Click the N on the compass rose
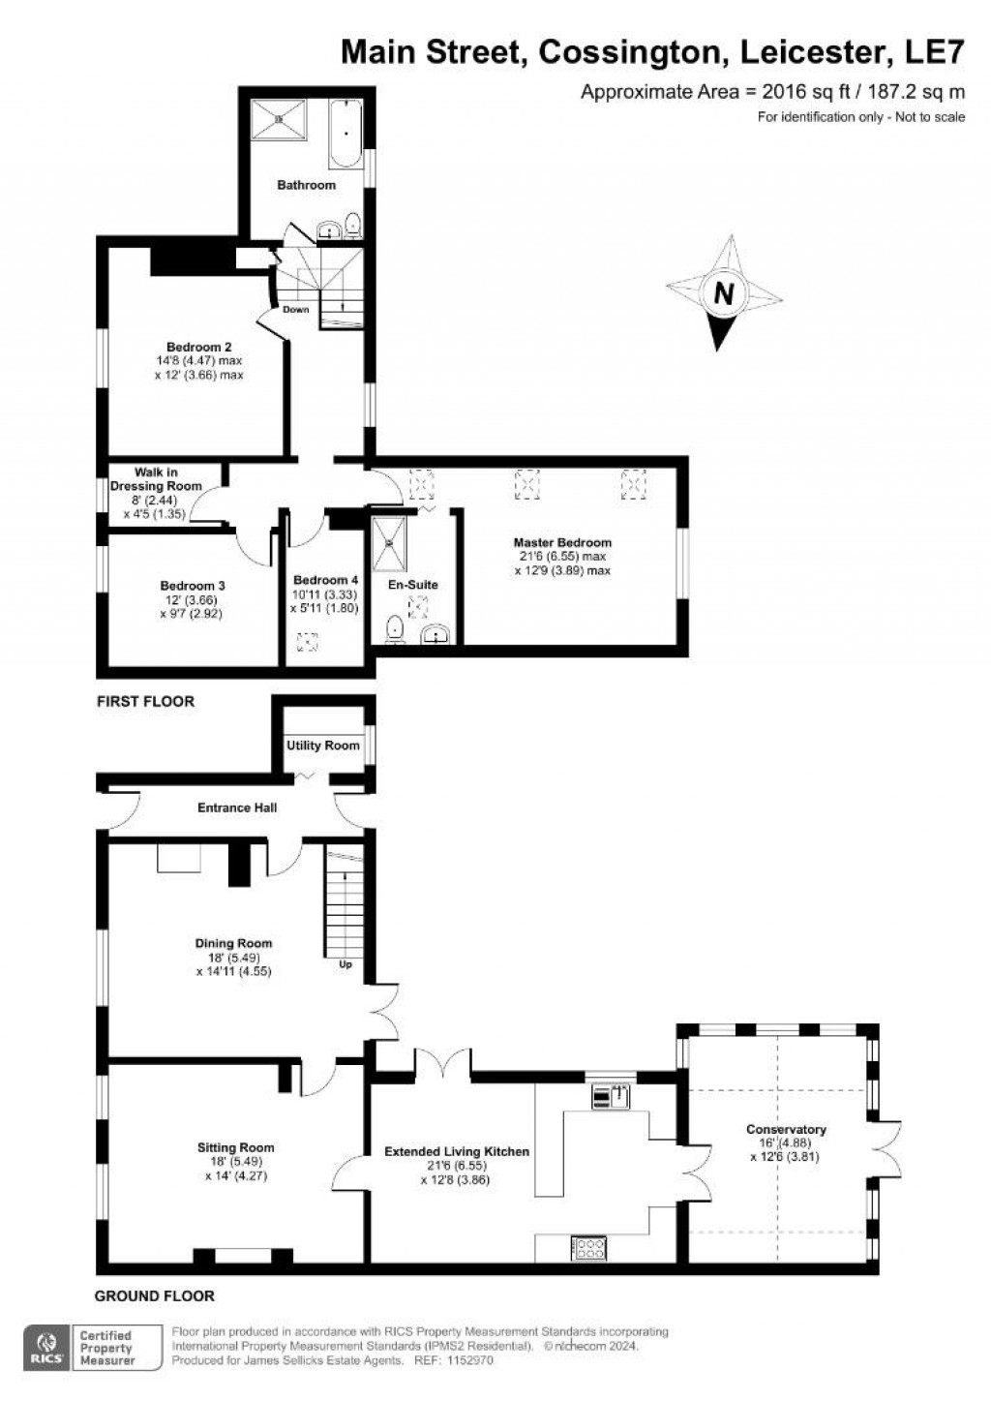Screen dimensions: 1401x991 (723, 292)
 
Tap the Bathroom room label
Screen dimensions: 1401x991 (306, 185)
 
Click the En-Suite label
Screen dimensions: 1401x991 (413, 585)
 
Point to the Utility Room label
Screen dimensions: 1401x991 (322, 746)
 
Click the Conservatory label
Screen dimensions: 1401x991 (786, 1129)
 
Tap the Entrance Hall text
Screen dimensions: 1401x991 (237, 807)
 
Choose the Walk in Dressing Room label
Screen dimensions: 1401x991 (156, 479)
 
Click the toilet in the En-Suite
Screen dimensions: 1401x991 (394, 630)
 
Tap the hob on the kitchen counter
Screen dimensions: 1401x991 (588, 1247)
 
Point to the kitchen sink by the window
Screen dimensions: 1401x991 (612, 1096)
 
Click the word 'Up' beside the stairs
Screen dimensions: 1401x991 (345, 965)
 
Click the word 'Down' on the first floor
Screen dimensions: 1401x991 (296, 310)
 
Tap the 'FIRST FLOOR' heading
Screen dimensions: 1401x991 (145, 701)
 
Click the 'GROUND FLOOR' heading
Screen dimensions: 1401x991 (155, 1295)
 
